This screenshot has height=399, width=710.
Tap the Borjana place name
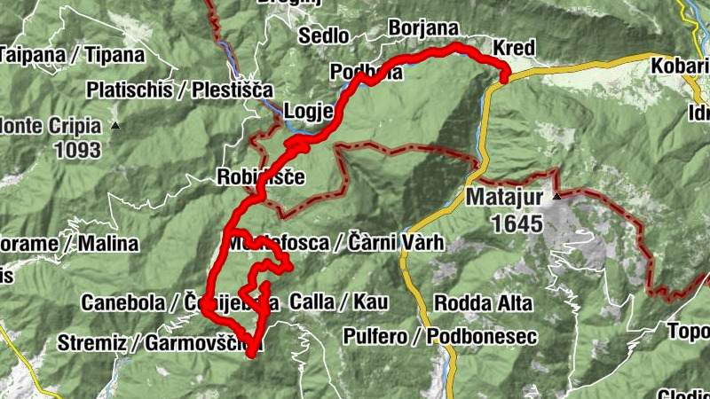click(422, 28)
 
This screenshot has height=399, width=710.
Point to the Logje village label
click(308, 112)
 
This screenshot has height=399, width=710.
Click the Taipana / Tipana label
click(71, 54)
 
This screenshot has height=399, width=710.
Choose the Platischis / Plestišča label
click(180, 90)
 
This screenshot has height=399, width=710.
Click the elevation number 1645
click(513, 224)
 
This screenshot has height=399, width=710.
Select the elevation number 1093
click(77, 150)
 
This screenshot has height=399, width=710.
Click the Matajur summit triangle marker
click(557, 195)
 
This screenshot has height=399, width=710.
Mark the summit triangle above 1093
click(115, 126)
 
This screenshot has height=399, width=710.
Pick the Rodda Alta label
click(483, 303)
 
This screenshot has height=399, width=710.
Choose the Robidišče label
click(260, 177)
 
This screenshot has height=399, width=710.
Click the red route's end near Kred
click(504, 78)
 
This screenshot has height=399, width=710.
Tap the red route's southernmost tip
click(251, 354)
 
